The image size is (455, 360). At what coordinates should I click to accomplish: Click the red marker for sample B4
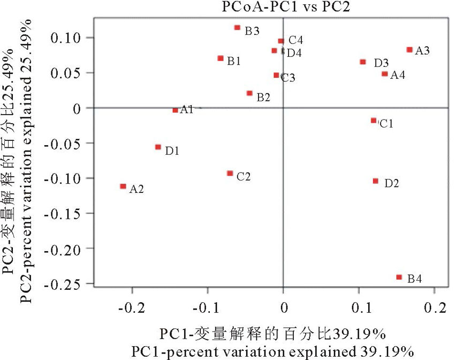point(399,277)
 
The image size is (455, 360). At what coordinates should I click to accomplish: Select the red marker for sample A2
point(123,186)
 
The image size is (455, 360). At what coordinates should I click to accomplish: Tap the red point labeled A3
point(409,50)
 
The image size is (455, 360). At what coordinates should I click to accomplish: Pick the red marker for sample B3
point(237,27)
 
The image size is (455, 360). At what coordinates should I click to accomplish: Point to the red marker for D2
point(375,181)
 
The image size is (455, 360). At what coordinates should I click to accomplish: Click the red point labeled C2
point(230,173)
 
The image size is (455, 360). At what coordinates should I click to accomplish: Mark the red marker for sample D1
point(158,147)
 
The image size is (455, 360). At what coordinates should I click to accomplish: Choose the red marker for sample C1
point(374,121)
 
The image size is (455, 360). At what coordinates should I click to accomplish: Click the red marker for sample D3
point(363,62)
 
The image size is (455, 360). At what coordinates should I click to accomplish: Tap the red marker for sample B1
point(221,58)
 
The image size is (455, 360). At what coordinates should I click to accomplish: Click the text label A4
point(397,75)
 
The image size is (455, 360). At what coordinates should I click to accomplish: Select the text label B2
point(263,97)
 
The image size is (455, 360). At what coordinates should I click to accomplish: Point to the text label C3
point(288,78)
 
